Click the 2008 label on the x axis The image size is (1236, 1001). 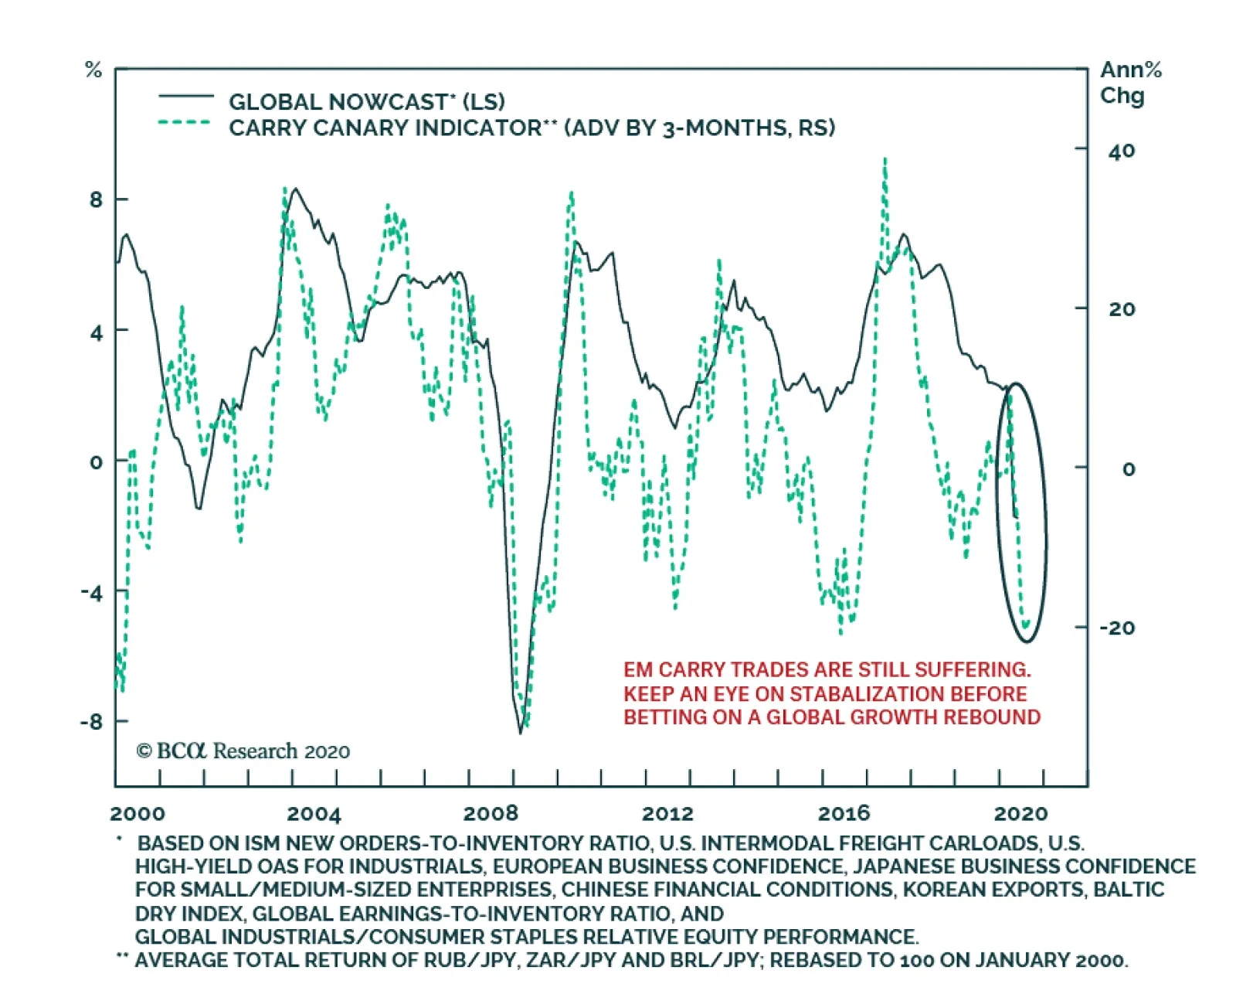[490, 813]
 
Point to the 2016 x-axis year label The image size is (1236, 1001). [844, 813]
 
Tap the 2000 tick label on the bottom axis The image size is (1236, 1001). [138, 813]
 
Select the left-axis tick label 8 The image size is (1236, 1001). [96, 200]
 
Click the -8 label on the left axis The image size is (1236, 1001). [92, 722]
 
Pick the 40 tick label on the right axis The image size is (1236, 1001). [1122, 151]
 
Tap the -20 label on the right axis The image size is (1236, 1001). [1117, 628]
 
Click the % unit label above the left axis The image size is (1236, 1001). [93, 70]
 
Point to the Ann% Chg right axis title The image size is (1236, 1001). [1130, 83]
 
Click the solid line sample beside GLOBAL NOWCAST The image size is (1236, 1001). [185, 97]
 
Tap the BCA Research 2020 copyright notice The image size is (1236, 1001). [243, 751]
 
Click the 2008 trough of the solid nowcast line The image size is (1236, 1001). [520, 733]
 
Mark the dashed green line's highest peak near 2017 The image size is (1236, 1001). [885, 159]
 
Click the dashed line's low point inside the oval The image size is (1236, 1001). [1025, 627]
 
